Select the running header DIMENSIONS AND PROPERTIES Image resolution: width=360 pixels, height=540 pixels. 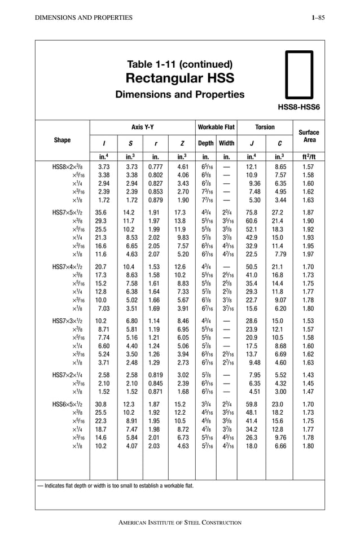click(84, 18)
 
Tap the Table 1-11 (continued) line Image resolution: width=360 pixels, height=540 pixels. click(179, 64)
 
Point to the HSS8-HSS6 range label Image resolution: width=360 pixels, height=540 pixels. click(299, 107)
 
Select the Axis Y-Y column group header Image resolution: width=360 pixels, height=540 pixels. click(142, 128)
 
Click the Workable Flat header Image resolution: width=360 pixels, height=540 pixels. click(216, 128)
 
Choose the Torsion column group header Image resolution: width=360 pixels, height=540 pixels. click(265, 128)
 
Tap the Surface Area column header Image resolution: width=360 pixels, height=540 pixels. click(309, 136)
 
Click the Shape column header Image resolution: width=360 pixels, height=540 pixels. click(62, 140)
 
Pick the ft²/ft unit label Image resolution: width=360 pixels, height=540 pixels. click(309, 156)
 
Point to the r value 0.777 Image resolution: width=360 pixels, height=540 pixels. click(156, 167)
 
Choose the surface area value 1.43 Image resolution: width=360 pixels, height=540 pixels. click(309, 375)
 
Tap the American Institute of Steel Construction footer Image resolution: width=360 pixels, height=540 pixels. click(179, 523)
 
